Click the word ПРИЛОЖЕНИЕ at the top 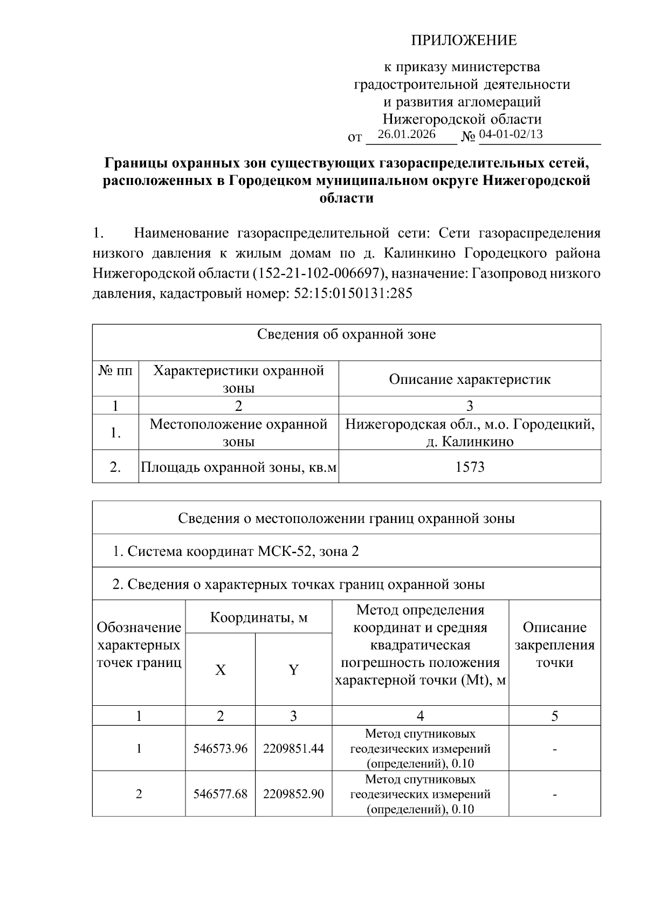(x=464, y=40)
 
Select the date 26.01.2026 (x=407, y=134)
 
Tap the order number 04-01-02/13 (x=511, y=134)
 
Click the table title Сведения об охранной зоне (x=346, y=334)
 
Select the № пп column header (x=115, y=371)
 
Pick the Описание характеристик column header (x=470, y=379)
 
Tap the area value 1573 (x=470, y=467)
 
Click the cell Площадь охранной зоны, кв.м (x=238, y=467)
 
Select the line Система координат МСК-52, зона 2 (x=236, y=551)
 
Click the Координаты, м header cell (x=259, y=617)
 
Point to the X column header (x=221, y=670)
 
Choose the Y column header (x=293, y=670)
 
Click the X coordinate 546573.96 (x=221, y=748)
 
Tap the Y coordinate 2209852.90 (x=293, y=794)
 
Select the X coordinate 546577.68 (x=221, y=794)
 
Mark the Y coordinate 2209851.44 (x=293, y=748)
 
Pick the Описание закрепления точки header (x=554, y=645)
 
